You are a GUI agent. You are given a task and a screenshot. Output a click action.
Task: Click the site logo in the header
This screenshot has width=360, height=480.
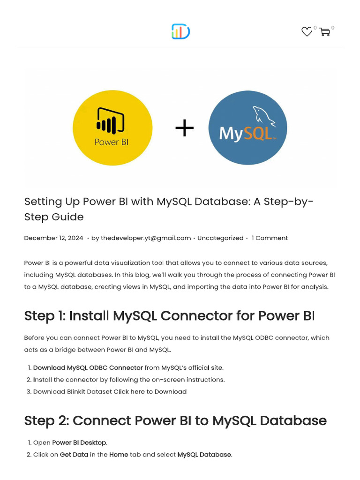click(x=180, y=32)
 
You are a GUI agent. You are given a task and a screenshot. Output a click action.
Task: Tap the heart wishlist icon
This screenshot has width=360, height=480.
click(x=307, y=32)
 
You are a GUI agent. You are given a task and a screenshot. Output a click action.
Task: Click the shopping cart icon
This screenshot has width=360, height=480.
click(x=324, y=32)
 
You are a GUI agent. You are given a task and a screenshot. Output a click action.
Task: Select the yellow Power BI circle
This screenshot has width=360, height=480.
click(x=112, y=127)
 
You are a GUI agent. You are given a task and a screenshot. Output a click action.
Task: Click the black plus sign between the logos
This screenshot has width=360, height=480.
click(x=184, y=128)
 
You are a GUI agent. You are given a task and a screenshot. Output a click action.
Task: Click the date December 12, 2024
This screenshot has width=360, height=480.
click(x=53, y=238)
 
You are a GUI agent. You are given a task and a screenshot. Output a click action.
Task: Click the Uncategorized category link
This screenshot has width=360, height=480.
click(x=220, y=238)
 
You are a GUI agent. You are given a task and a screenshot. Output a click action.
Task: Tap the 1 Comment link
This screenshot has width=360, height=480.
click(x=270, y=238)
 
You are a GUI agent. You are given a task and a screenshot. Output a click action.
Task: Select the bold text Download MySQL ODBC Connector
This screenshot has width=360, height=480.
click(x=88, y=367)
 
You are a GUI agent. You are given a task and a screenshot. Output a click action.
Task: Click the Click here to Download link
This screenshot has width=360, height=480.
click(x=150, y=391)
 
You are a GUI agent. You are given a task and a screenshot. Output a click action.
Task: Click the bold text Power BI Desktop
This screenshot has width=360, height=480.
click(x=79, y=442)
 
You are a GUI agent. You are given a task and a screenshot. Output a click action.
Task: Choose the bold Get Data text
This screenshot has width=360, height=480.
click(x=74, y=455)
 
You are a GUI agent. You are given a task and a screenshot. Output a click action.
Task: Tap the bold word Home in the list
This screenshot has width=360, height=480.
click(x=119, y=455)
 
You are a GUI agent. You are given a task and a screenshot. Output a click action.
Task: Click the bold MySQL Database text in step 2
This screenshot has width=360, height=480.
click(x=204, y=455)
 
